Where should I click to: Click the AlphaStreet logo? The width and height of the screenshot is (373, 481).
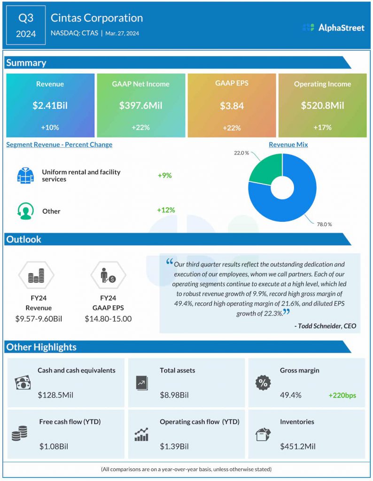[333, 28]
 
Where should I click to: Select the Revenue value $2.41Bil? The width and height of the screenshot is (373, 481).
[50, 106]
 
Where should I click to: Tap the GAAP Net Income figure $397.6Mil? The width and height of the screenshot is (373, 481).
[140, 106]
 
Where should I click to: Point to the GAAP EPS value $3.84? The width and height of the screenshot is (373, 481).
[232, 106]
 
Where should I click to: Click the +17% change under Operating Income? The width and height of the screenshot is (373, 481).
[322, 127]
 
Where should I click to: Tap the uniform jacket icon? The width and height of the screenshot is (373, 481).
[25, 175]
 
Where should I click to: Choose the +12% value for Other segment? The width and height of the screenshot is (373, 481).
[166, 210]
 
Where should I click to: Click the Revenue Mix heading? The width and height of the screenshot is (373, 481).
[288, 145]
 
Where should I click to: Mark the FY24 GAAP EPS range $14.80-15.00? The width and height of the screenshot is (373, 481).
[108, 319]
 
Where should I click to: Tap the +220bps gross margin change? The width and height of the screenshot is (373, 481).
[342, 396]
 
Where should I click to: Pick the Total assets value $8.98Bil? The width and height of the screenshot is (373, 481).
[174, 395]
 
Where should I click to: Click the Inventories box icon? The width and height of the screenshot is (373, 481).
[263, 434]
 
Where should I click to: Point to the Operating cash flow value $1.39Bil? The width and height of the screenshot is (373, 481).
[174, 446]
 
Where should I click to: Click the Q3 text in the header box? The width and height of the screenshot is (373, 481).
[26, 18]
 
